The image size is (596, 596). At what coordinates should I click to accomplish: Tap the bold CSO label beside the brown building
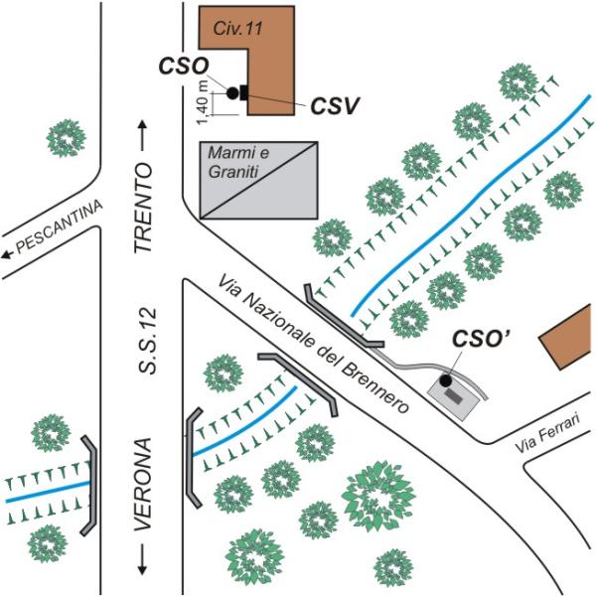click(x=184, y=67)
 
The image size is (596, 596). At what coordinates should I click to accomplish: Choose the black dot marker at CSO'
click(x=446, y=380)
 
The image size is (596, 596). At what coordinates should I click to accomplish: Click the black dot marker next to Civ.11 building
click(x=231, y=92)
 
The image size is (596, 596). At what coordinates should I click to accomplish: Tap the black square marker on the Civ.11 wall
click(x=242, y=92)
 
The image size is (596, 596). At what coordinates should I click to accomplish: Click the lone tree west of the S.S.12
click(x=67, y=136)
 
